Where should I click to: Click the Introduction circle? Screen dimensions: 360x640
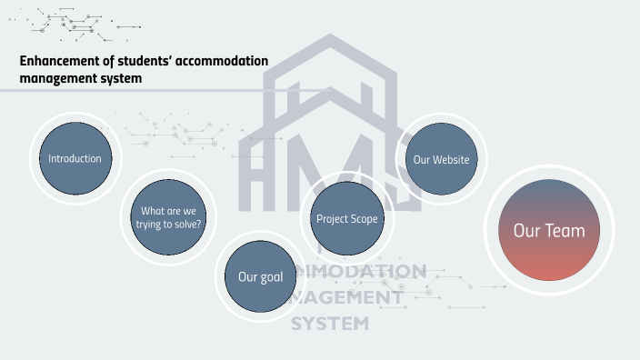[75, 158]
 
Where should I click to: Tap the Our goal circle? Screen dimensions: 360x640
[261, 276]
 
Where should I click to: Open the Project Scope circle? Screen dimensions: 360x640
[346, 218]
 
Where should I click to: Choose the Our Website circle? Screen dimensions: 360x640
[441, 159]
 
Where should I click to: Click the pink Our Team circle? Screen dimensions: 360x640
[549, 230]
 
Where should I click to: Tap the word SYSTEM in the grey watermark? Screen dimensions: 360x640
[330, 323]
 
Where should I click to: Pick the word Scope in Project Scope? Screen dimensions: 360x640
[363, 218]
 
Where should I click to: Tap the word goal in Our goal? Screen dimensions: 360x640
[273, 276]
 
